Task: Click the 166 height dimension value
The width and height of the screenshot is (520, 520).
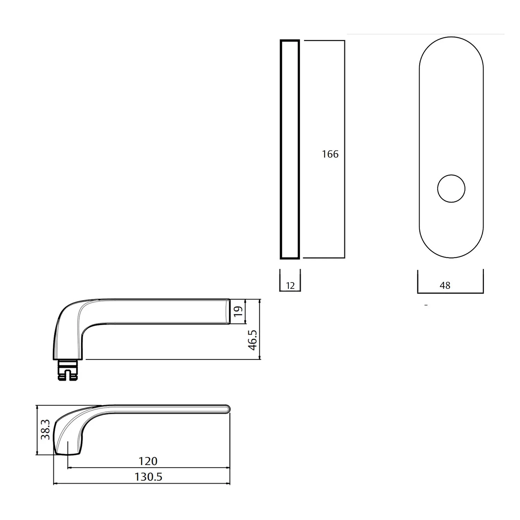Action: pos(330,154)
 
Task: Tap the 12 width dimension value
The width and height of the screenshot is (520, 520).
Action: pos(290,286)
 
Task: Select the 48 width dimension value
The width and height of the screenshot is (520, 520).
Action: pos(445,285)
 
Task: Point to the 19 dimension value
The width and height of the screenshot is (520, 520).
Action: pos(238,311)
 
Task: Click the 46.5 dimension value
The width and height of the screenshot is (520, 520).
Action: pos(253,340)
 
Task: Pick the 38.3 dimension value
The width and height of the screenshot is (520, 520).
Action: pos(45,430)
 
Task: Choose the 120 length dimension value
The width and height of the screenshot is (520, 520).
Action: pos(148,461)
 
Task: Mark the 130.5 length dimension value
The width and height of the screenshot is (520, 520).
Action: pos(148,477)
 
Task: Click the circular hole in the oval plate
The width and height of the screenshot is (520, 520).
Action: pos(451,189)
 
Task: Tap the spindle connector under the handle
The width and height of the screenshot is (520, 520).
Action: pos(68,370)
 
